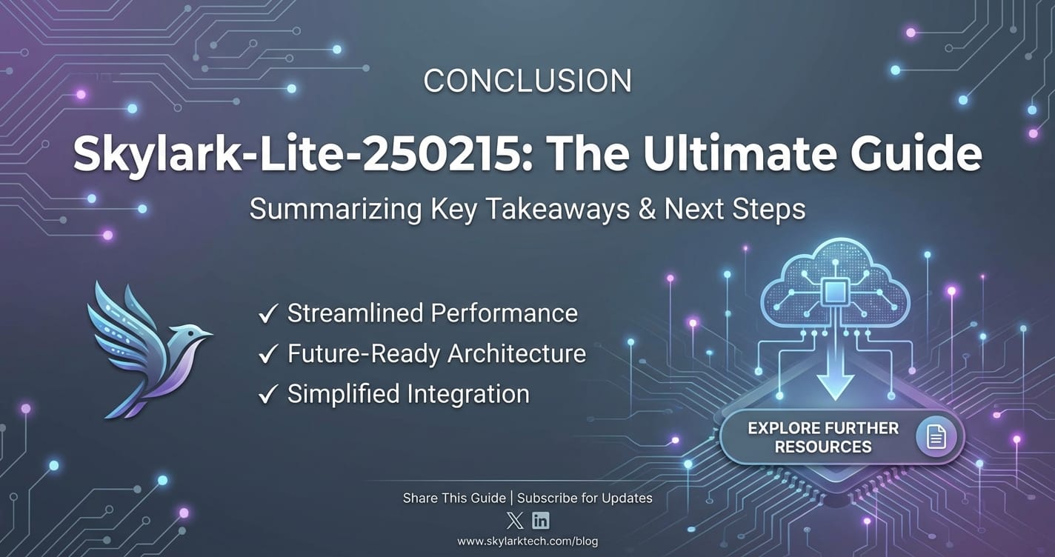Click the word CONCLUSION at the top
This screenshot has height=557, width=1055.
527,81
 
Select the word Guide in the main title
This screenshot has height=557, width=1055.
916,153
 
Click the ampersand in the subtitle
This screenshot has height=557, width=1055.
647,209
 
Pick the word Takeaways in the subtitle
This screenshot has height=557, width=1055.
557,210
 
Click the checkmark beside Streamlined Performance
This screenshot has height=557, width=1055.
267,313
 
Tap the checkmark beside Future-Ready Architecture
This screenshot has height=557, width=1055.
267,354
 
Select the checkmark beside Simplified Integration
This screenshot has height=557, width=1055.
267,395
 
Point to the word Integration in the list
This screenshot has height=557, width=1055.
469,395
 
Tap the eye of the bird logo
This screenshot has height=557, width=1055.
190,333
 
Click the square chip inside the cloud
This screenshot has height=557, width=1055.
835,291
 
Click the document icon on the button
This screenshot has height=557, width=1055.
936,436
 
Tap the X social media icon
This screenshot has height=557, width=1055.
515,521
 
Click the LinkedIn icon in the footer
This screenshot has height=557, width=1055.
541,521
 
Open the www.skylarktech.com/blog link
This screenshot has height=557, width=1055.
527,541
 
